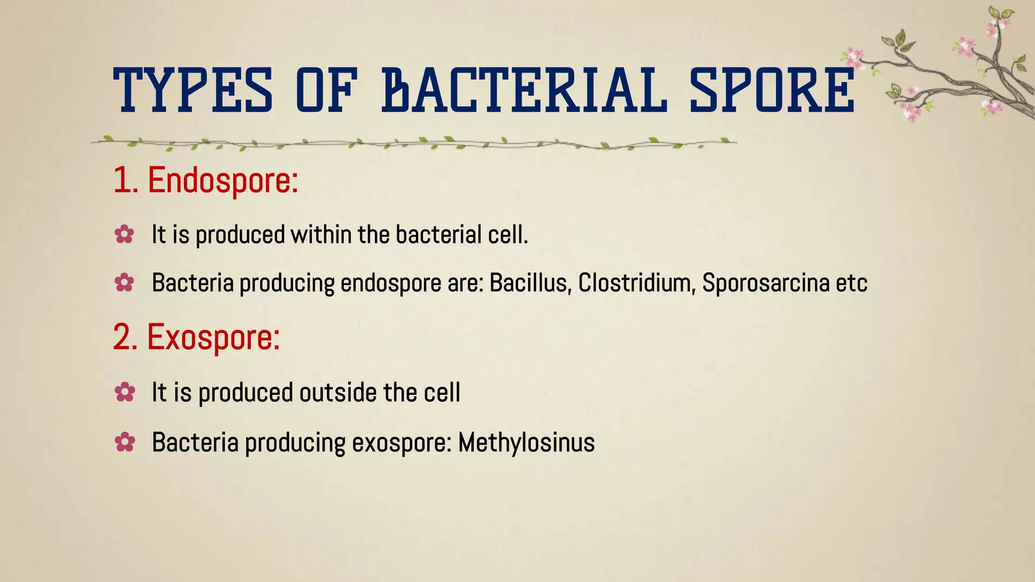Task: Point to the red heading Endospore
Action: pos(223,180)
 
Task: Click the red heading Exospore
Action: pos(213,337)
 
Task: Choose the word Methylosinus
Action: pos(526,443)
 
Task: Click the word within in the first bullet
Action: pos(321,235)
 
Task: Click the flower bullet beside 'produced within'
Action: pos(124,235)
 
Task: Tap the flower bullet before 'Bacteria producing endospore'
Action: pos(124,283)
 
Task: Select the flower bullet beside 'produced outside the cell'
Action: pos(124,393)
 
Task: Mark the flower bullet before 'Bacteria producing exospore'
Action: pos(124,443)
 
